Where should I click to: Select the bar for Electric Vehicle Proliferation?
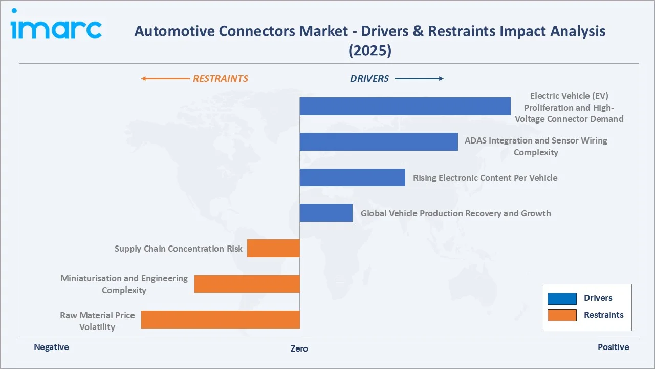point(405,106)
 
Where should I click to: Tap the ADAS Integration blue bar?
point(378,141)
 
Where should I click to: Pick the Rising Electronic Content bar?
point(352,177)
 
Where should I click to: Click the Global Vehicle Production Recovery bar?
point(326,213)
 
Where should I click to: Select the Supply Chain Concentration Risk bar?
point(273,248)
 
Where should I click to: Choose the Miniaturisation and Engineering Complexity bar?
point(247,284)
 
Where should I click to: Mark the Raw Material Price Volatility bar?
point(220,319)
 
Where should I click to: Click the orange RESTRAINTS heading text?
point(220,79)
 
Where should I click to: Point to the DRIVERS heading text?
point(369,79)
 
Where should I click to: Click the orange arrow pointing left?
point(165,79)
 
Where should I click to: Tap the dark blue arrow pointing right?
point(419,79)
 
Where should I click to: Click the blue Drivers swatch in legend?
point(562,298)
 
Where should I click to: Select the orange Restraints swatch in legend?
point(562,315)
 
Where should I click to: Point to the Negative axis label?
point(51,347)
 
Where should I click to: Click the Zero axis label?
point(299,348)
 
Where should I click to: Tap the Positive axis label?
point(613,347)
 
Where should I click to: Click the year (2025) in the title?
point(369,51)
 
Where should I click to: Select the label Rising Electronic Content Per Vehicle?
point(485,178)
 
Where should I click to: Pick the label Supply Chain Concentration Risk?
point(179,249)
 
